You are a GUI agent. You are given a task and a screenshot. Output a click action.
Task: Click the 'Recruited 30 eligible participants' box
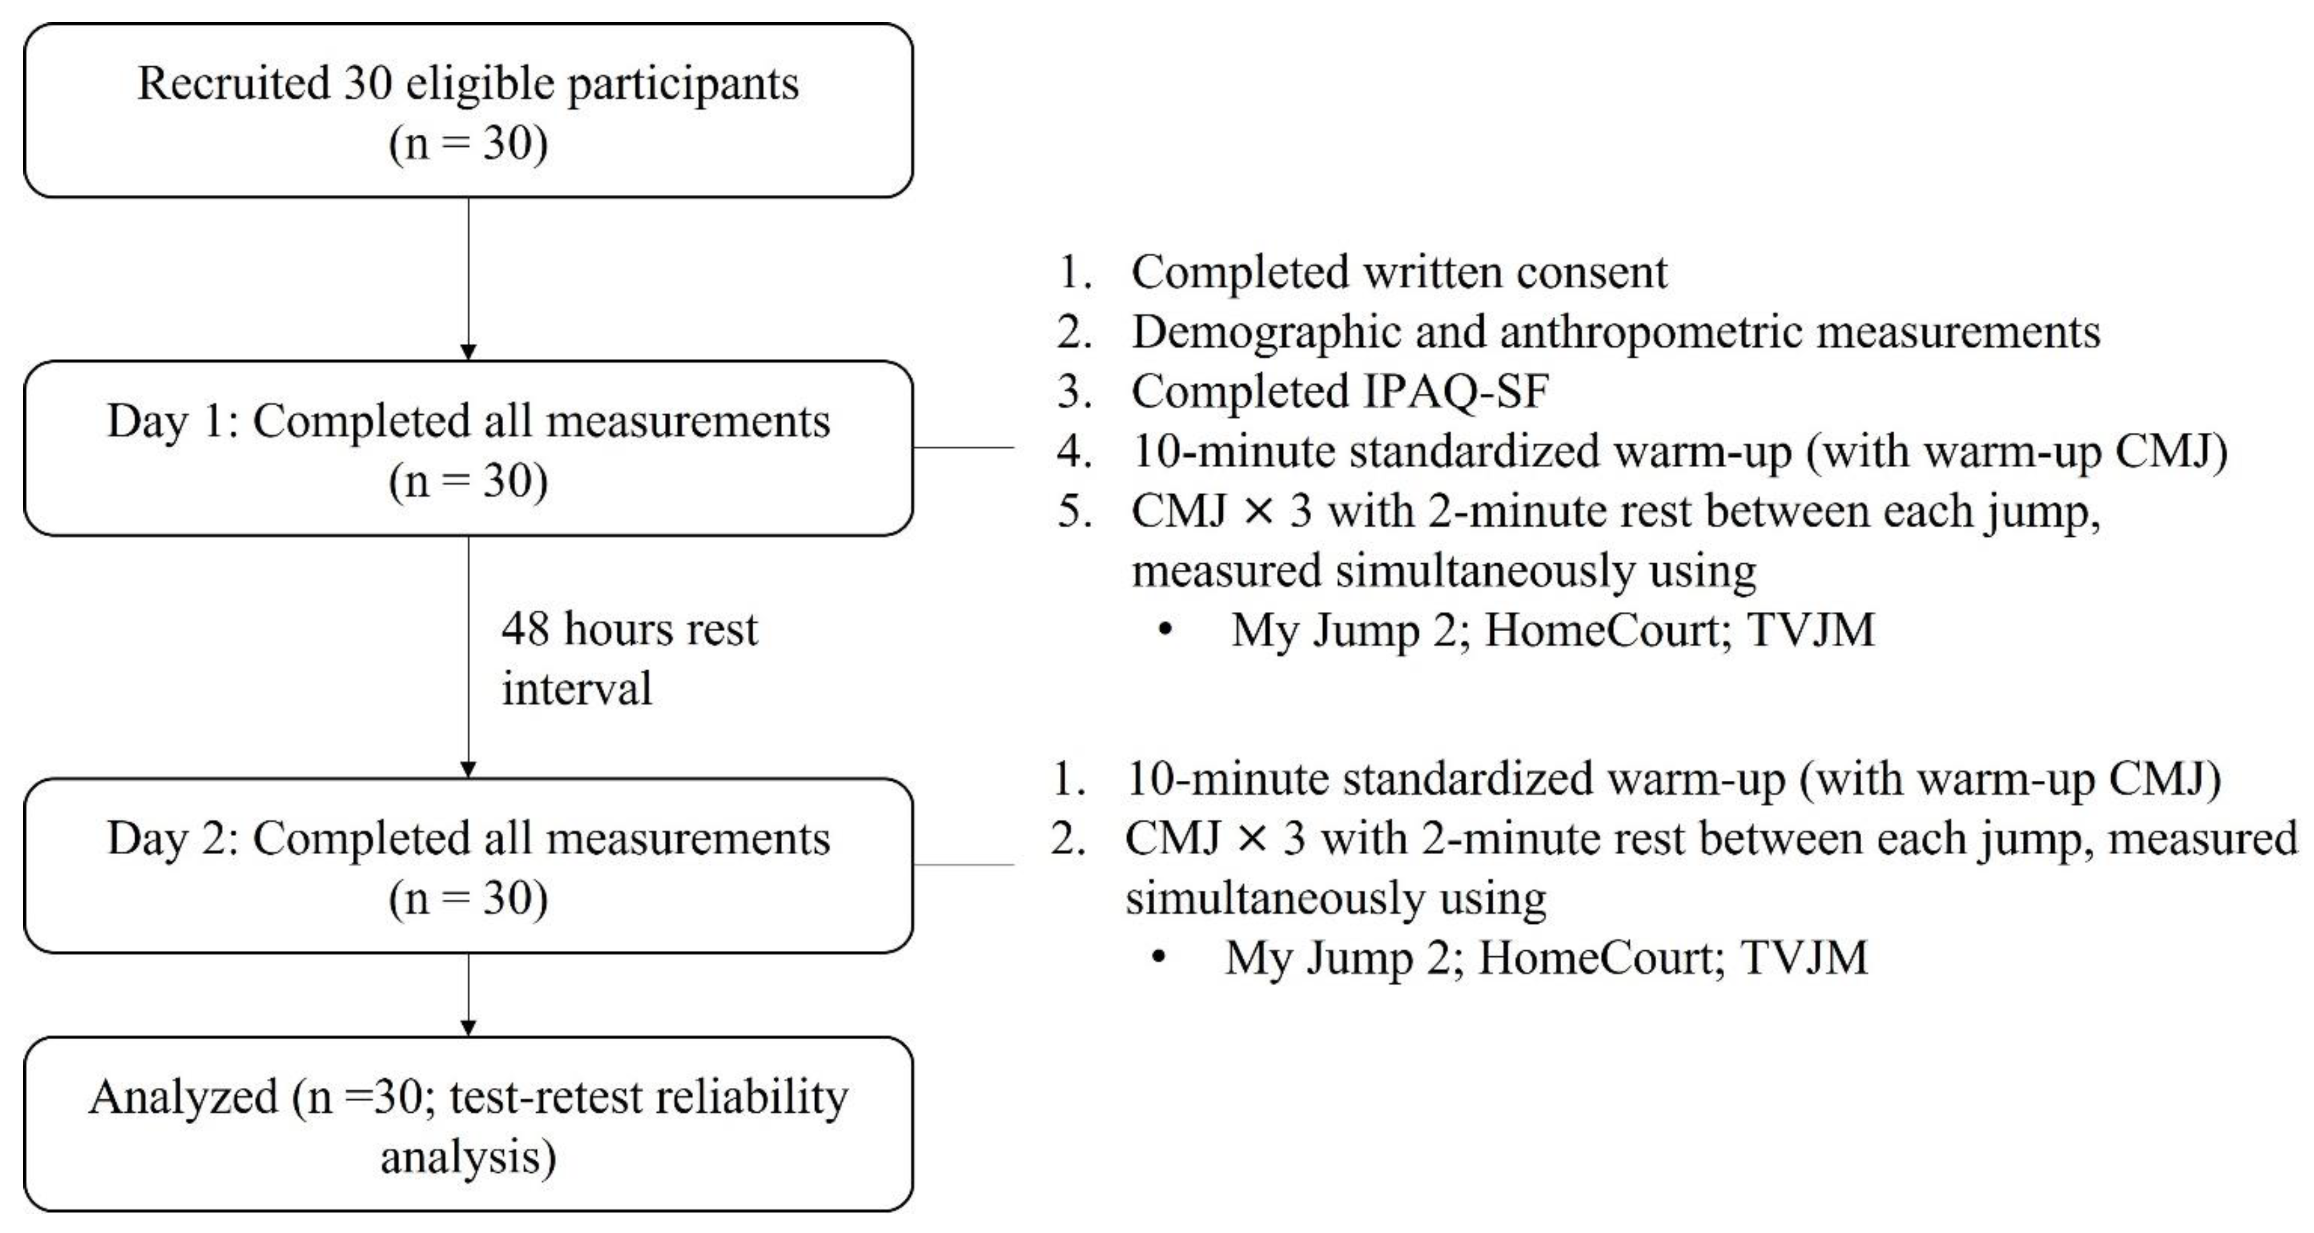(x=468, y=110)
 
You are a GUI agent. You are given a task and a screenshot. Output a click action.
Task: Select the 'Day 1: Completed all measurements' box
(x=468, y=449)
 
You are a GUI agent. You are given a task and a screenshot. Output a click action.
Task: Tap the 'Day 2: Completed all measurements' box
(x=468, y=866)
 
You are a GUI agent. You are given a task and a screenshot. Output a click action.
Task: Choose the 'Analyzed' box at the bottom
(x=468, y=1124)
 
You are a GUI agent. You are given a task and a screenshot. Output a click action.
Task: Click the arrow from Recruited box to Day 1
(x=468, y=278)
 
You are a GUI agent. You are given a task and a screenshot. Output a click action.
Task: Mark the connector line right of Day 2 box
(x=963, y=865)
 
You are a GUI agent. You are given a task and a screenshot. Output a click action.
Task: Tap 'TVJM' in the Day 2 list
(x=1804, y=957)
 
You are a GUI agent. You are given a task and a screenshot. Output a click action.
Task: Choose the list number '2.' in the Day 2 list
(x=1068, y=839)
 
